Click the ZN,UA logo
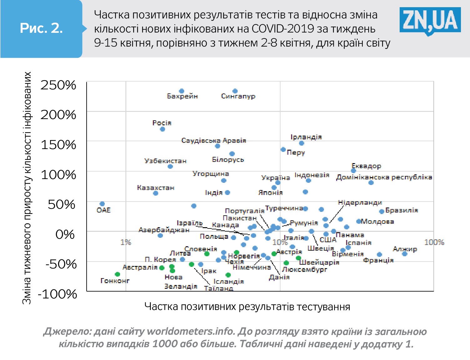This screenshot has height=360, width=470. [430, 21]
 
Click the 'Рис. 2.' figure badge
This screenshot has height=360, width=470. [41, 28]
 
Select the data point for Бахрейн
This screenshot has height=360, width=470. [181, 91]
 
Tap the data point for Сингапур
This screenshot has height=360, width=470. [235, 91]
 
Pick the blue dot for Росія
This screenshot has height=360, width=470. [162, 129]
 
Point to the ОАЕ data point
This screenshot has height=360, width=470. [102, 204]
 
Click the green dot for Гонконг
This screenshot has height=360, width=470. [117, 274]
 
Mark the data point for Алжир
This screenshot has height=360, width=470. [404, 254]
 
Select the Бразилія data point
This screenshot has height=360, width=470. [382, 212]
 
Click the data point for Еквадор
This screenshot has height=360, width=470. [353, 171]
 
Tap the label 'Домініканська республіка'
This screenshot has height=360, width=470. [384, 177]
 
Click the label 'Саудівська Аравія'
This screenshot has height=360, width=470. [214, 141]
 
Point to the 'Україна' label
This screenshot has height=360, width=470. [275, 178]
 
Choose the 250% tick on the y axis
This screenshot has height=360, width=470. [58, 85]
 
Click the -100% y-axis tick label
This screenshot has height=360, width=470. [58, 294]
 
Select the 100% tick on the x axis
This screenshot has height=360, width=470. [434, 242]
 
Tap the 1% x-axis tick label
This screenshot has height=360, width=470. [126, 242]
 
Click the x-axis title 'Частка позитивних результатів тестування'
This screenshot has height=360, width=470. [247, 307]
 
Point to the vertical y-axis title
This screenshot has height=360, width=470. [27, 187]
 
